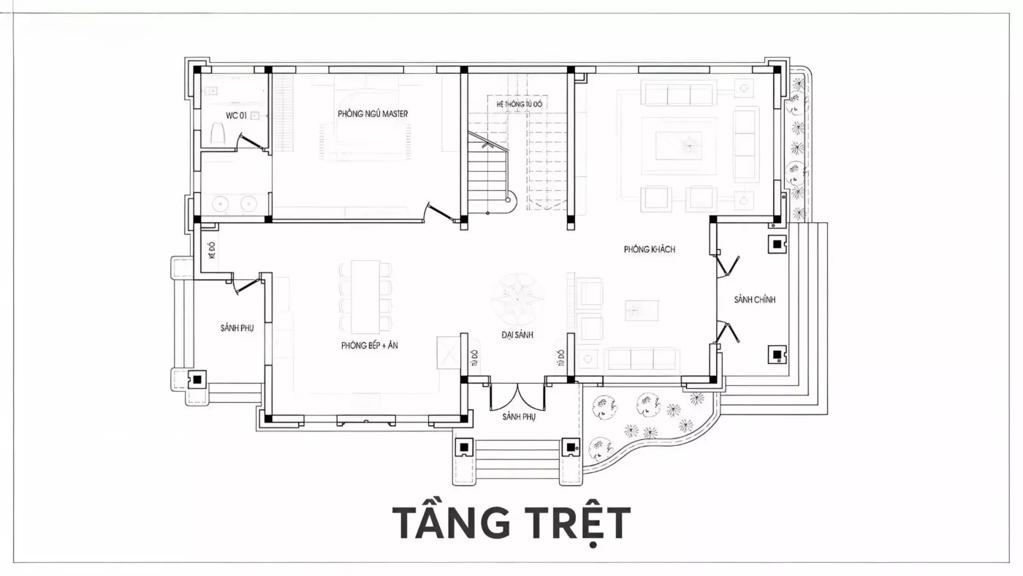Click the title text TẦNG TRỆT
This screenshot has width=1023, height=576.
[x=512, y=524]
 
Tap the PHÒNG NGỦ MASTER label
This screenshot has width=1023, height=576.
[x=373, y=114]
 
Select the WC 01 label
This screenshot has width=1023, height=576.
[x=236, y=115]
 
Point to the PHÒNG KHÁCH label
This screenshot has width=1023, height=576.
[x=650, y=249]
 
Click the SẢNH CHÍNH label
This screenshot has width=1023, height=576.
[x=754, y=300]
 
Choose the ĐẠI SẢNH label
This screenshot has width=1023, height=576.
[x=517, y=335]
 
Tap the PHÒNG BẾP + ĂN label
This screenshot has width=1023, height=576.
[x=370, y=345]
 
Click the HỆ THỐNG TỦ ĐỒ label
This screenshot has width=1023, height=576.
[x=520, y=104]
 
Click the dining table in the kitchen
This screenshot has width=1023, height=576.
[x=365, y=297]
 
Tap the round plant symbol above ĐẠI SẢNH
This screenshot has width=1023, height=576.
[x=517, y=299]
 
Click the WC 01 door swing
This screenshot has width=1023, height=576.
[x=249, y=142]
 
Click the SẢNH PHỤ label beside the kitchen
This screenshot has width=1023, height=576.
[x=237, y=328]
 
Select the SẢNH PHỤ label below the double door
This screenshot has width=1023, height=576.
[x=519, y=417]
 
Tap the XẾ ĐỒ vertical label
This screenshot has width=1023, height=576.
[x=211, y=251]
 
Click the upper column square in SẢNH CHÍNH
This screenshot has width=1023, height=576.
[x=777, y=244]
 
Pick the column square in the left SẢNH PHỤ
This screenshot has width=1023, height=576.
[x=197, y=379]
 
